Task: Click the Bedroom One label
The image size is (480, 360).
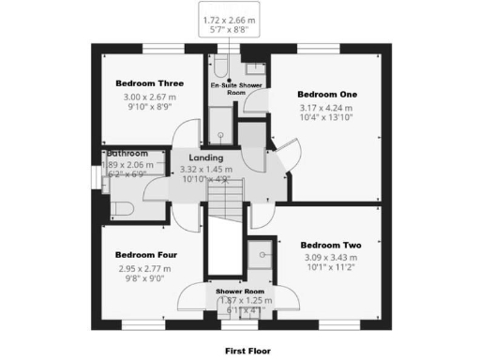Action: pyautogui.click(x=327, y=95)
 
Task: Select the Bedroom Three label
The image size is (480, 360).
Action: pyautogui.click(x=145, y=82)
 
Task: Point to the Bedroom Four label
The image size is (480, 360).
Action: pyautogui.click(x=146, y=254)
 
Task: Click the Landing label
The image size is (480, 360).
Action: pyautogui.click(x=205, y=157)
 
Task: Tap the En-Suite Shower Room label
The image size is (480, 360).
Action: pyautogui.click(x=235, y=88)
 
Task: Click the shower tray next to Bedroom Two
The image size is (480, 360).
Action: pyautogui.click(x=261, y=256)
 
